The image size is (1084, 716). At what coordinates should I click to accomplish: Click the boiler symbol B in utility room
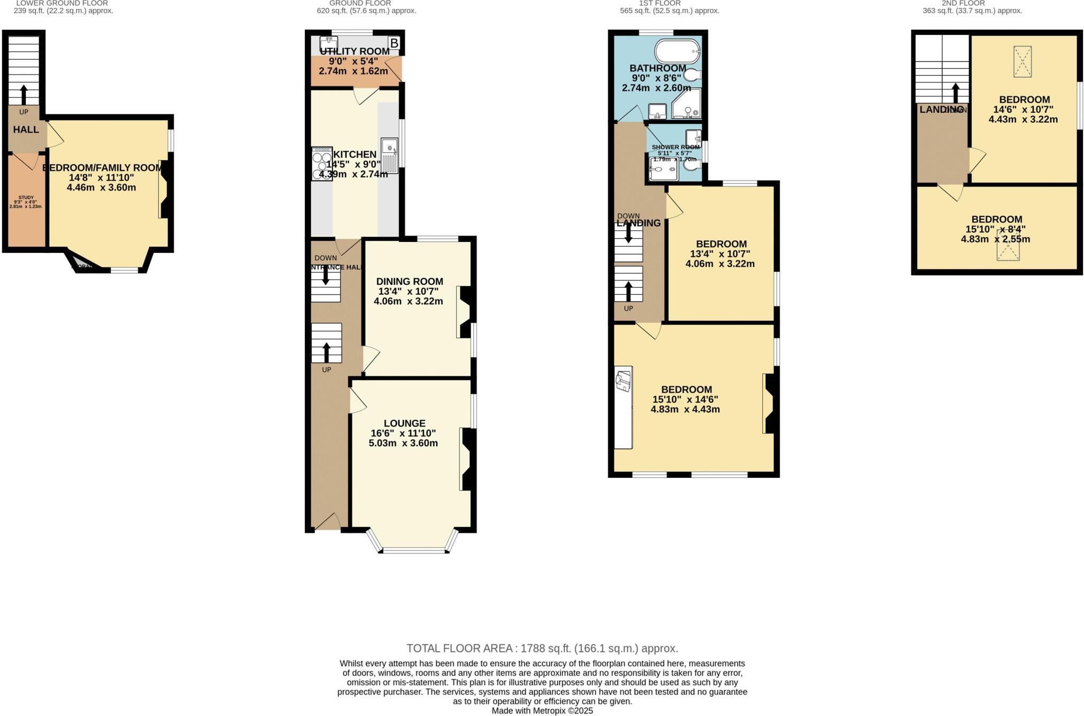394,43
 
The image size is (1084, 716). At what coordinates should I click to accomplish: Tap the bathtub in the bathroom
677,52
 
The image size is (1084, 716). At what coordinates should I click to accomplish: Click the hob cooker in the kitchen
322,164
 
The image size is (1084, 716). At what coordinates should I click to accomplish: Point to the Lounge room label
404,423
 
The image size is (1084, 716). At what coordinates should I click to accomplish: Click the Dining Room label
410,282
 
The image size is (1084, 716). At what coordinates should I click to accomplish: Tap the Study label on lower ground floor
25,197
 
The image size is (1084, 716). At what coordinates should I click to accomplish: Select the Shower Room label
675,147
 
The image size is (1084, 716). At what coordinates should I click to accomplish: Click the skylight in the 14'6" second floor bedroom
1023,61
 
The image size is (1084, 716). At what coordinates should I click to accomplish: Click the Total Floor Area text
542,648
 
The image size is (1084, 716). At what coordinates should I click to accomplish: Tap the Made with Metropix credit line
542,711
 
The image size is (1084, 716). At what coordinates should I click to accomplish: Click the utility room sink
329,42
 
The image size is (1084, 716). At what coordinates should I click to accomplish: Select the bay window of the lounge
414,550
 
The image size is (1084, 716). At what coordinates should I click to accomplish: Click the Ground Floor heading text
360,3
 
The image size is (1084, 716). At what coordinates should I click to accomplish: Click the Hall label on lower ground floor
26,130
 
